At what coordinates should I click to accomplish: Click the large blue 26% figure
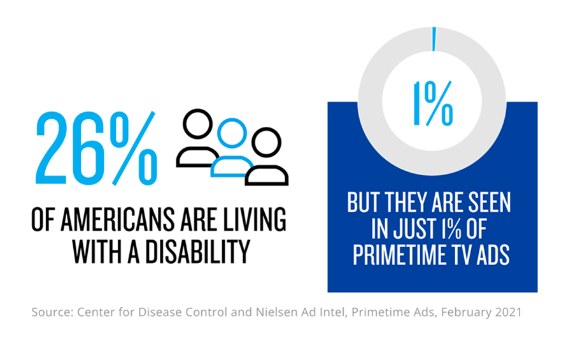[x=95, y=147]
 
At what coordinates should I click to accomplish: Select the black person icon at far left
[x=197, y=138]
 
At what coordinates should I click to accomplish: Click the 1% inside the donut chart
[x=433, y=104]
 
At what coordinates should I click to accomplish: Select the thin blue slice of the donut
[x=434, y=38]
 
